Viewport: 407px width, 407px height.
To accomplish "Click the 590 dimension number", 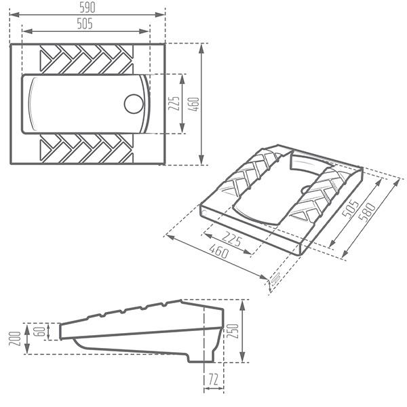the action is coord(88,7).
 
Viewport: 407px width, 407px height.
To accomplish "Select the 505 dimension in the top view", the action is coord(85,24).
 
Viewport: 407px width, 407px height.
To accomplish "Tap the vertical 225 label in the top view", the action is coord(174,103).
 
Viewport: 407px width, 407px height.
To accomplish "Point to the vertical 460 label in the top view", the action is coord(194,104).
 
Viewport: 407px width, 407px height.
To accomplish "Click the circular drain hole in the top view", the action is coord(134,104).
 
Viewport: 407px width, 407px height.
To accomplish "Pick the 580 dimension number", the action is coord(367,212).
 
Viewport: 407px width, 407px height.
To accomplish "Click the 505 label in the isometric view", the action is coord(350,208).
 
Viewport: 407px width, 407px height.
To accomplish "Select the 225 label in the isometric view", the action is coord(232,239).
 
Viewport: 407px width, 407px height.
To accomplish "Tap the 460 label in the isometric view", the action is coord(219,250).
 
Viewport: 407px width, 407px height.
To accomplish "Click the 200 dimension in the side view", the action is coord(15,338).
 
